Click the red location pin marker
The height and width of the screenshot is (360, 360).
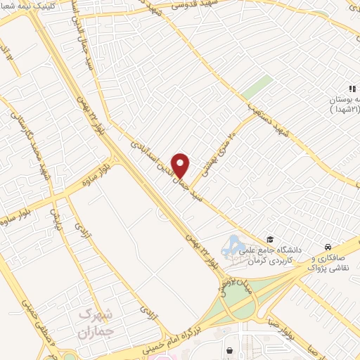pyautogui.click(x=181, y=165)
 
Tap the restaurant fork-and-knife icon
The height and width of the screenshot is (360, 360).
pyautogui.click(x=352, y=86)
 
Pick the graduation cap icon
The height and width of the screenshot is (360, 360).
pyautogui.click(x=269, y=240)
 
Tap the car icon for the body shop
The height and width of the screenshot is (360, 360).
pyautogui.click(x=328, y=246)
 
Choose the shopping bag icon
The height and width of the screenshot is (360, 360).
pyautogui.click(x=229, y=349)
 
